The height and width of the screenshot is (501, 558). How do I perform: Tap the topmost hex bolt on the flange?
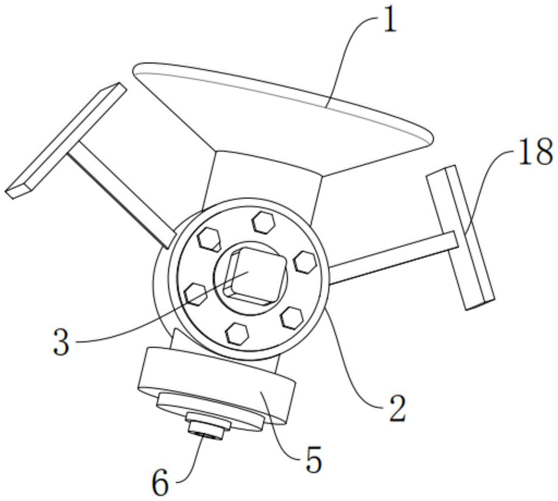(261, 220)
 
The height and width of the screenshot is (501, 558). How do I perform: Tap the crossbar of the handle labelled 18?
(461, 240)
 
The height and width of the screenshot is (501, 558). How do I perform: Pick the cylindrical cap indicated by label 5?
(218, 379)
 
